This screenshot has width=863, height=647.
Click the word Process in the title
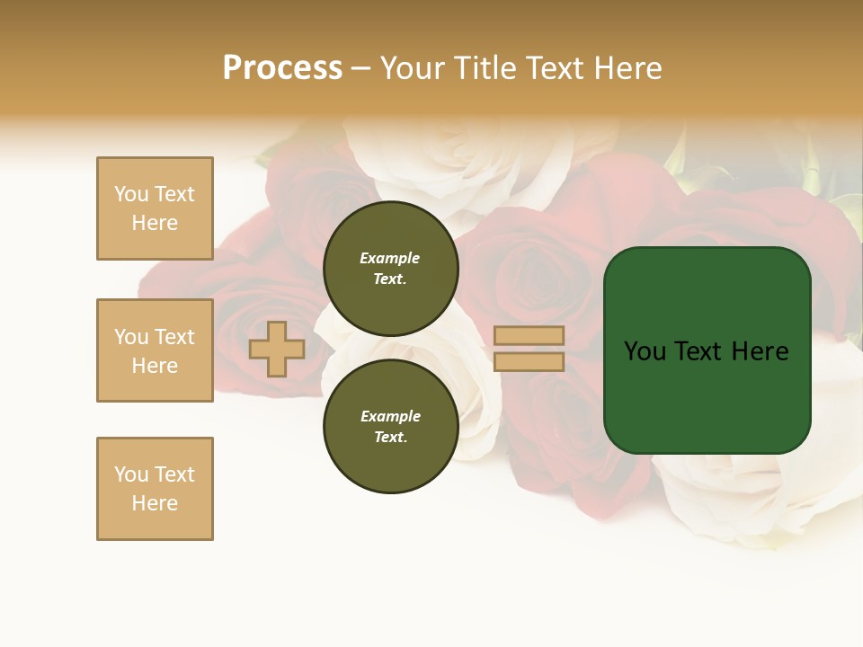(282, 67)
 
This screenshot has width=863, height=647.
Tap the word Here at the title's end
(627, 67)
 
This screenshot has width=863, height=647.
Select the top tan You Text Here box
(155, 208)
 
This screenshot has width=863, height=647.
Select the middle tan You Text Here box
(155, 350)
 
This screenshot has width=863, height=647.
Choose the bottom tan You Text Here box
(155, 488)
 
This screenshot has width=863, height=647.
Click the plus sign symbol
(276, 349)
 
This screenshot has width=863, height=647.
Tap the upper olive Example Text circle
(390, 268)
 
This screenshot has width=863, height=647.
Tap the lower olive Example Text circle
(390, 426)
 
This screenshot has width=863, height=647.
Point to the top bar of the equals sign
(529, 335)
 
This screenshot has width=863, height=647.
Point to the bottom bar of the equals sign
(529, 361)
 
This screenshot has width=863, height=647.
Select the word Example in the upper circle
(389, 258)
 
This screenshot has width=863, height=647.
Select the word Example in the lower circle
(389, 416)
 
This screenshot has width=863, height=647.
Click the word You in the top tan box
(131, 194)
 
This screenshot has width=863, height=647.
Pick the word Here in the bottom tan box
(155, 503)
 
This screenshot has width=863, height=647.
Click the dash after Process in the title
(361, 68)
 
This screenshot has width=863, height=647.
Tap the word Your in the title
(411, 67)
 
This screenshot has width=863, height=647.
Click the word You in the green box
(645, 351)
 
